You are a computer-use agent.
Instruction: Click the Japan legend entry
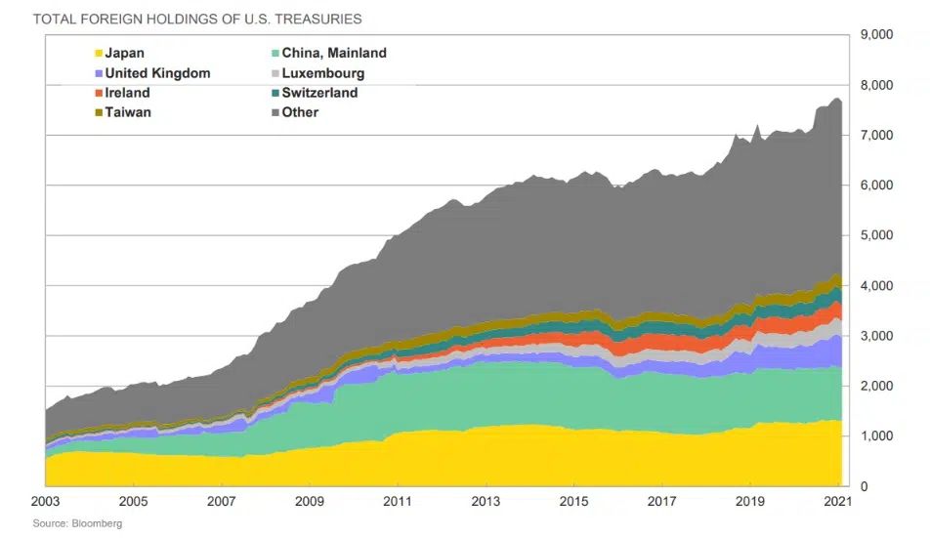[124, 54]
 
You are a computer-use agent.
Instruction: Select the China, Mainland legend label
[334, 54]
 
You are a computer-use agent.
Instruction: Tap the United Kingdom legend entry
[157, 73]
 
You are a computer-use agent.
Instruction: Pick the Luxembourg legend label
[323, 73]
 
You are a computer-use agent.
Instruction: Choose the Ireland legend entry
[127, 93]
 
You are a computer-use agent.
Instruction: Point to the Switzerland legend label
[319, 93]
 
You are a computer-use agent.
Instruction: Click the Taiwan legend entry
[128, 112]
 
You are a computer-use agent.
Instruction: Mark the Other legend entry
[300, 112]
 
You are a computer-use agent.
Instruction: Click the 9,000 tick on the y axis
[875, 35]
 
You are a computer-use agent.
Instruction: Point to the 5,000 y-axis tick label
[875, 235]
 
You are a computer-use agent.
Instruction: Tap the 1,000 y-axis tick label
[875, 435]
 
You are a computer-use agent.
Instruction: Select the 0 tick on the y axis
[863, 486]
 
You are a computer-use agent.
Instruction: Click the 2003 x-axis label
[46, 503]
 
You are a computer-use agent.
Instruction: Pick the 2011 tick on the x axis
[398, 503]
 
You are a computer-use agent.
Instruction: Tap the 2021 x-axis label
[837, 503]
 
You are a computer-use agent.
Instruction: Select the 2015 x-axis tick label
[573, 503]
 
